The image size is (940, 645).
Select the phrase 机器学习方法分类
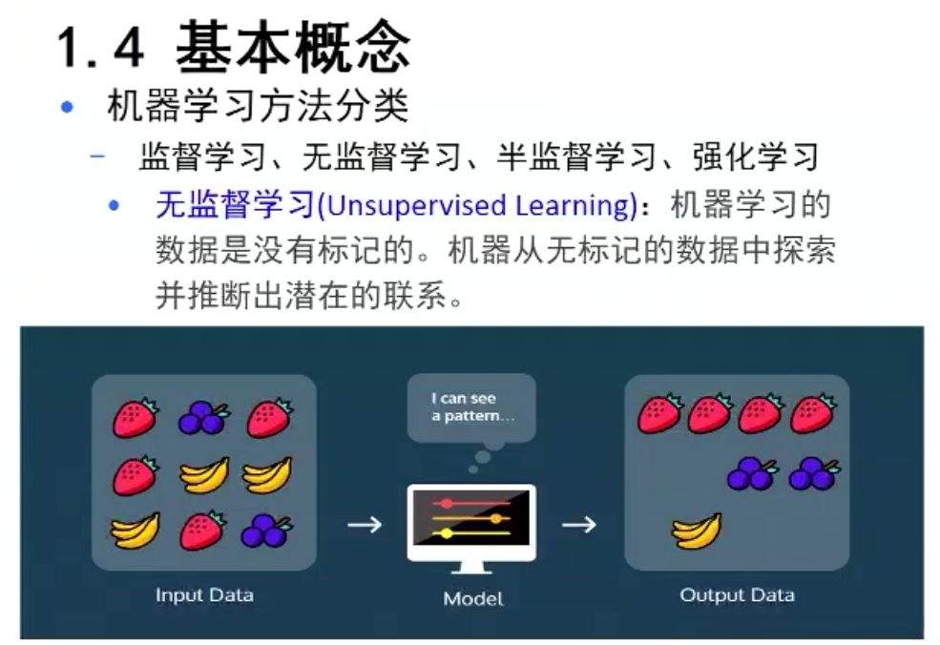coord(258,106)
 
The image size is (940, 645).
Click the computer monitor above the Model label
coord(470,523)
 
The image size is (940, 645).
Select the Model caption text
coord(472,599)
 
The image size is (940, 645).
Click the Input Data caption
coord(204,595)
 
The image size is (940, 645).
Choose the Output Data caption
coord(737,595)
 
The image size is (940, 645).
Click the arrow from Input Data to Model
coord(364,524)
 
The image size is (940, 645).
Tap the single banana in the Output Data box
coord(696,531)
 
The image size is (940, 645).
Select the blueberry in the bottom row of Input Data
coord(265,531)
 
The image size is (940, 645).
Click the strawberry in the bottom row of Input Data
coord(202,531)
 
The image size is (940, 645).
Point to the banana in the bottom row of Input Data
coord(136,531)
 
